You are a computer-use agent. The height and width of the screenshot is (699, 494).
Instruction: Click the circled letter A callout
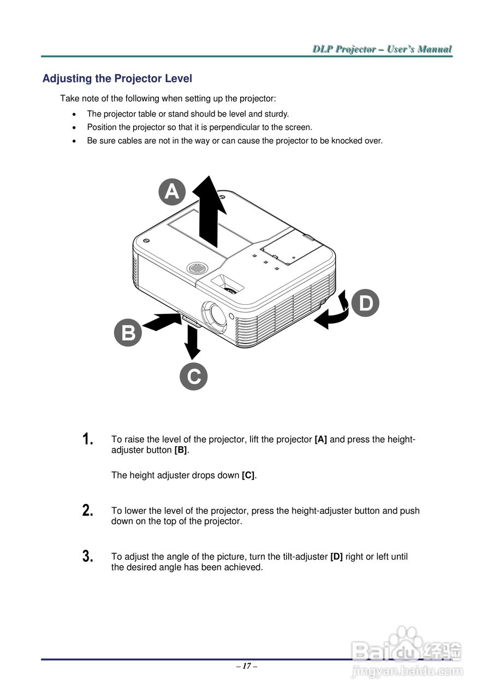pyautogui.click(x=172, y=192)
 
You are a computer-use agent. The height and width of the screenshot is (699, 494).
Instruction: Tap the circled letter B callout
pyautogui.click(x=128, y=333)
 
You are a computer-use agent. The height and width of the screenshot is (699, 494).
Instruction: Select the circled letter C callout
pyautogui.click(x=194, y=376)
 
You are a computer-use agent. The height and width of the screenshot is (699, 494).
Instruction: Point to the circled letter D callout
pyautogui.click(x=365, y=304)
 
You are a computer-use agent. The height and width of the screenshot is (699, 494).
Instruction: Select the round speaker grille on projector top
pyautogui.click(x=197, y=268)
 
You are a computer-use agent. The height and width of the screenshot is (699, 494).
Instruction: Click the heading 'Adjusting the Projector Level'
pyautogui.click(x=117, y=79)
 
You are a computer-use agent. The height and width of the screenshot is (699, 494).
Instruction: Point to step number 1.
pyautogui.click(x=87, y=439)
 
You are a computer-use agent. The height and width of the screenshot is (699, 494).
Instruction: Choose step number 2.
pyautogui.click(x=87, y=511)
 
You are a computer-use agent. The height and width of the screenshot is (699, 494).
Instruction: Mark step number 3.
pyautogui.click(x=87, y=556)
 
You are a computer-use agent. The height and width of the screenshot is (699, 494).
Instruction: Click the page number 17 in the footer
pyautogui.click(x=247, y=666)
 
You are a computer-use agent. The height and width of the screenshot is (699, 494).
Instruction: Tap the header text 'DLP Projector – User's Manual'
pyautogui.click(x=382, y=49)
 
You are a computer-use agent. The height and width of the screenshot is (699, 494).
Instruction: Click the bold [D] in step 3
pyautogui.click(x=336, y=556)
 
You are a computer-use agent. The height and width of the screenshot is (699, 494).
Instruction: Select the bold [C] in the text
pyautogui.click(x=248, y=475)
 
